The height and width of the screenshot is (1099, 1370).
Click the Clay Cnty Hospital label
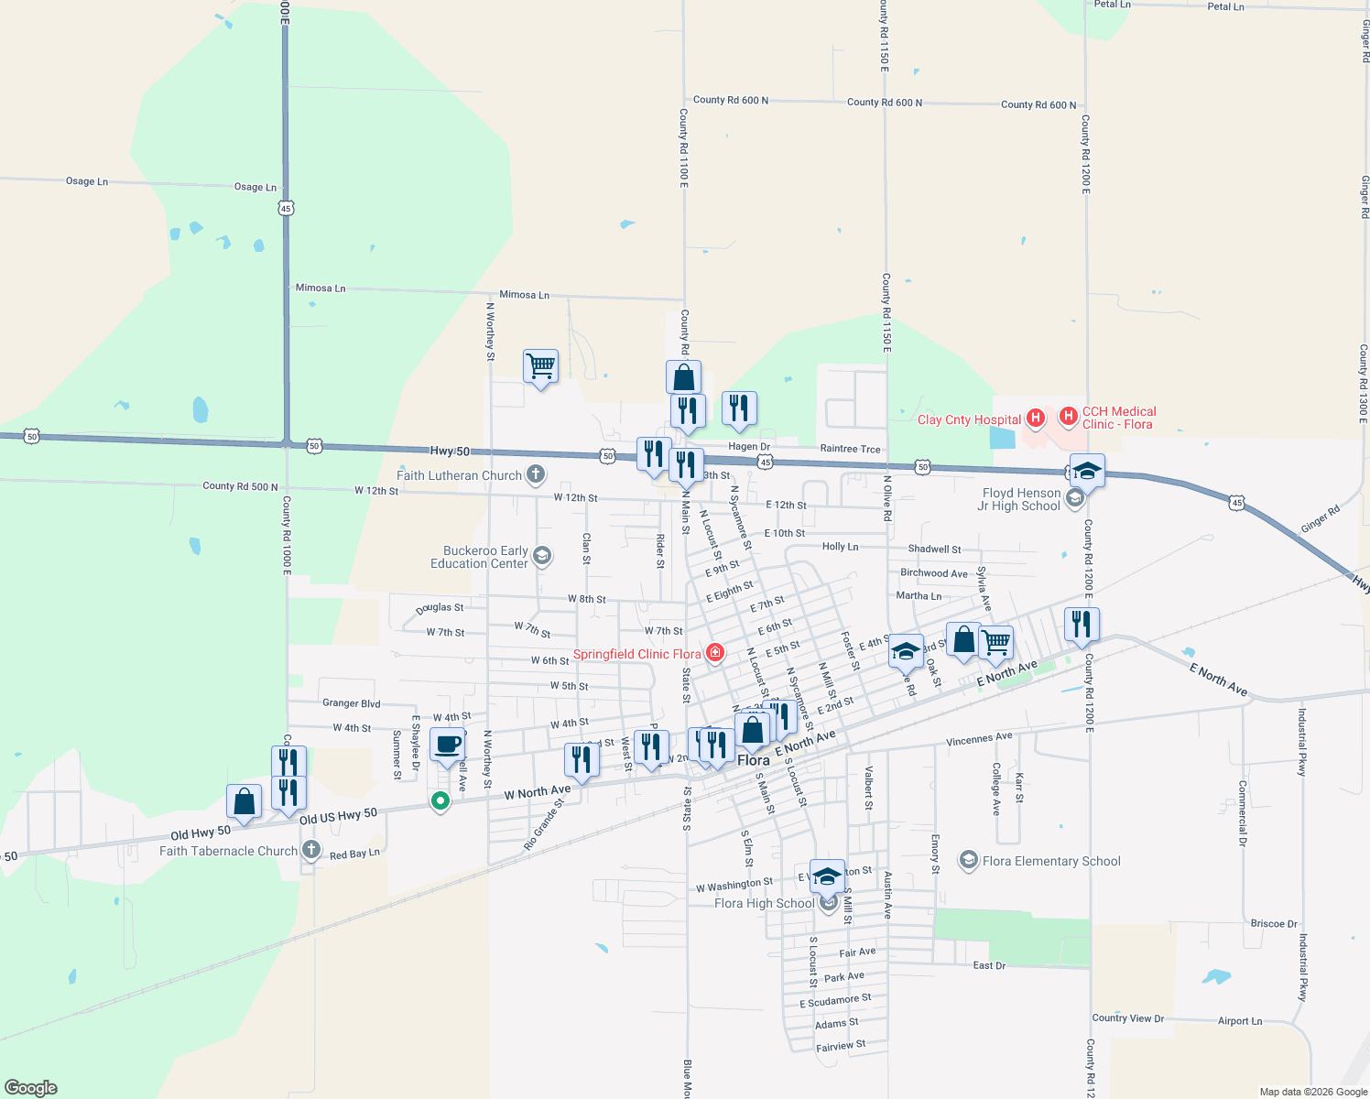969,419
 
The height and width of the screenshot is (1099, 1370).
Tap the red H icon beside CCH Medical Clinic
1068,418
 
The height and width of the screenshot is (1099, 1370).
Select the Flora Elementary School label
1050,861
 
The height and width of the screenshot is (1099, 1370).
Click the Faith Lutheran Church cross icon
536,474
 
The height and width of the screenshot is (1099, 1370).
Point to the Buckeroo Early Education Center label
484,557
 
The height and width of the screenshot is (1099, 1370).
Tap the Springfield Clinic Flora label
636,654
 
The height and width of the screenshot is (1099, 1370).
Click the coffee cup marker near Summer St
447,745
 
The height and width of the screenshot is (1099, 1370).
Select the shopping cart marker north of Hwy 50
540,366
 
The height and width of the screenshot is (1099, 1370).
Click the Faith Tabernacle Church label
228,851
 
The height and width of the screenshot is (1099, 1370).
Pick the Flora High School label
764,903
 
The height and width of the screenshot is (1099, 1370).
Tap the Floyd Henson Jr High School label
1020,499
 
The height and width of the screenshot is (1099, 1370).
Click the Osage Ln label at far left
87,181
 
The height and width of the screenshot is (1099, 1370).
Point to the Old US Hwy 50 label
338,816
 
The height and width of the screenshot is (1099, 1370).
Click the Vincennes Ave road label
979,738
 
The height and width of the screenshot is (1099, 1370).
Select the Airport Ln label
1239,1021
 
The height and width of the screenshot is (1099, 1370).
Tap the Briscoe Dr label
1274,923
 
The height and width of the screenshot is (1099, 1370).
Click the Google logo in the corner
31,1088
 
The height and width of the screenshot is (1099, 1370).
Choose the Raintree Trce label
850,449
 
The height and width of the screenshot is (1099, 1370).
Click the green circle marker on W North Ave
440,800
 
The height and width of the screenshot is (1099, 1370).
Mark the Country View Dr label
1127,1017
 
